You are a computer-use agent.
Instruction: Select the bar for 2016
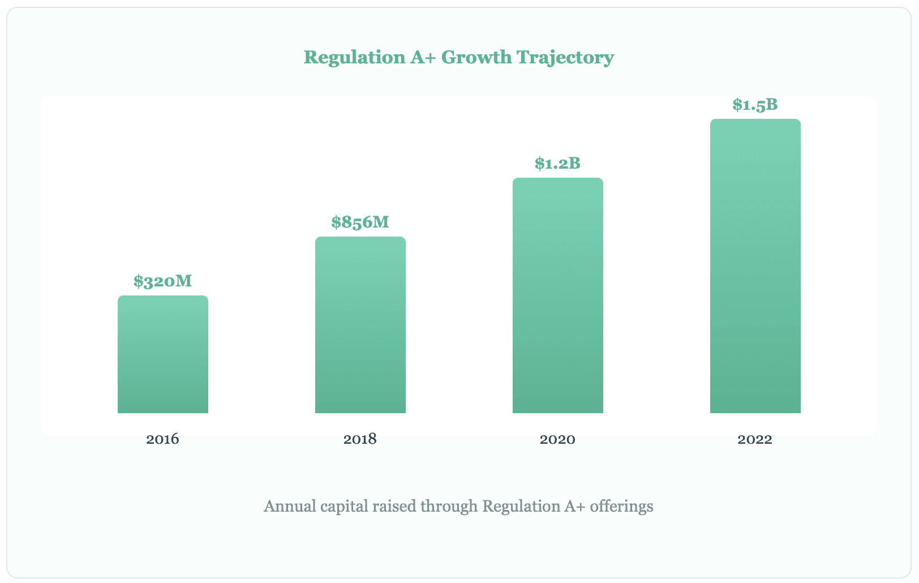pyautogui.click(x=163, y=354)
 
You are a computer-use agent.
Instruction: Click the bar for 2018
pyautogui.click(x=360, y=325)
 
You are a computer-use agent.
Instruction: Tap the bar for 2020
pyautogui.click(x=558, y=295)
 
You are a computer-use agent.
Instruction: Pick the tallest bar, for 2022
pyautogui.click(x=755, y=266)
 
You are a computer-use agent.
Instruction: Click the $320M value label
pyautogui.click(x=163, y=281)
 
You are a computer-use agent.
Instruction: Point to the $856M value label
pyautogui.click(x=360, y=222)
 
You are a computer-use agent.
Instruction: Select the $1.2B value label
pyautogui.click(x=558, y=164)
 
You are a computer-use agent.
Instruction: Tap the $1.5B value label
pyautogui.click(x=755, y=105)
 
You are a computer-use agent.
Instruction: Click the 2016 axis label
pyautogui.click(x=163, y=439)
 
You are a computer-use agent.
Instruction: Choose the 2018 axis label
pyautogui.click(x=360, y=439)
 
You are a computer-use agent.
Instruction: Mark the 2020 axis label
pyautogui.click(x=558, y=439)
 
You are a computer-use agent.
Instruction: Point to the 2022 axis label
pyautogui.click(x=755, y=439)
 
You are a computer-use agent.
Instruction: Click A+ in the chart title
pyautogui.click(x=422, y=58)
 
